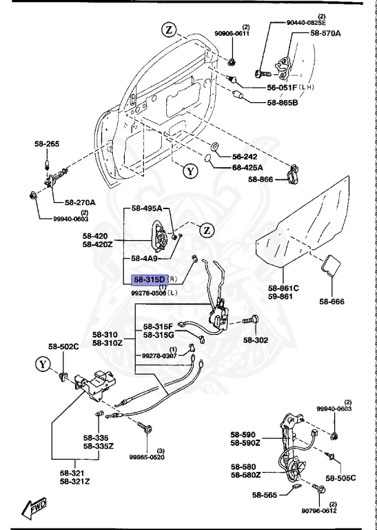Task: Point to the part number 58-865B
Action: pos(283,103)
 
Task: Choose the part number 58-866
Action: pos(261,179)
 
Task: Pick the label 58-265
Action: pos(47,144)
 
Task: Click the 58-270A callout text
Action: pos(81,203)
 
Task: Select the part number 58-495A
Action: pos(147,208)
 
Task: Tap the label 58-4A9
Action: pos(145,257)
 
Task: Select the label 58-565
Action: pos(265,495)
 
